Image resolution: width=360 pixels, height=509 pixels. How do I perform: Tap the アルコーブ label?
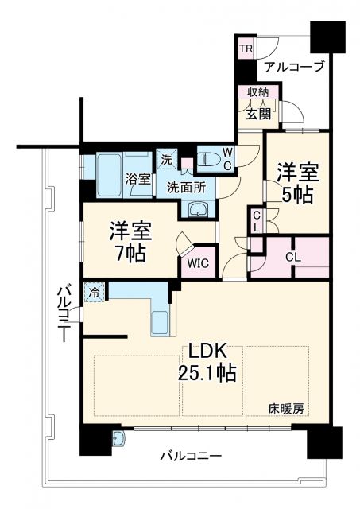(x=294, y=67)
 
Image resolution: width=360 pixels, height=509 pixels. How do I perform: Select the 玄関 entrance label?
(x=258, y=114)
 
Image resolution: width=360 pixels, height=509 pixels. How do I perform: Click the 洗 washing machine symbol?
(x=167, y=158)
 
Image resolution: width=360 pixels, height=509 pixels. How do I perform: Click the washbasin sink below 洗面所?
(x=198, y=209)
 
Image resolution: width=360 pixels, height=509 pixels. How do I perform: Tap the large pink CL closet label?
(x=292, y=257)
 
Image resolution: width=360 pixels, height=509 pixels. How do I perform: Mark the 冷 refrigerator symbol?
(x=94, y=291)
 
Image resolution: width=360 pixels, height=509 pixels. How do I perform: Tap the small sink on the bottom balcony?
(x=119, y=438)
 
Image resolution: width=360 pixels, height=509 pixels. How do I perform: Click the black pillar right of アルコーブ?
(x=328, y=34)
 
